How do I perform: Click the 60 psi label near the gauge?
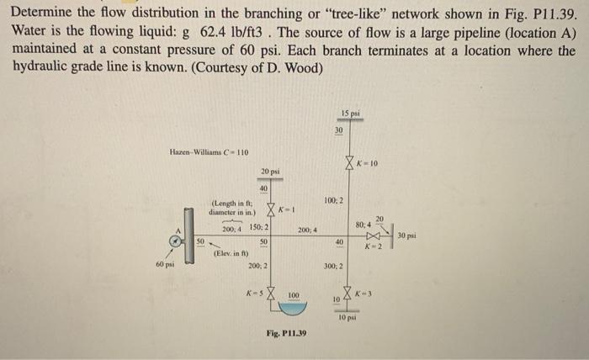(166, 265)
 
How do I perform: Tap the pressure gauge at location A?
(174, 241)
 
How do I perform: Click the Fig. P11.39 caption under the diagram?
(286, 333)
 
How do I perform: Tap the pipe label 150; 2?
(257, 228)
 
